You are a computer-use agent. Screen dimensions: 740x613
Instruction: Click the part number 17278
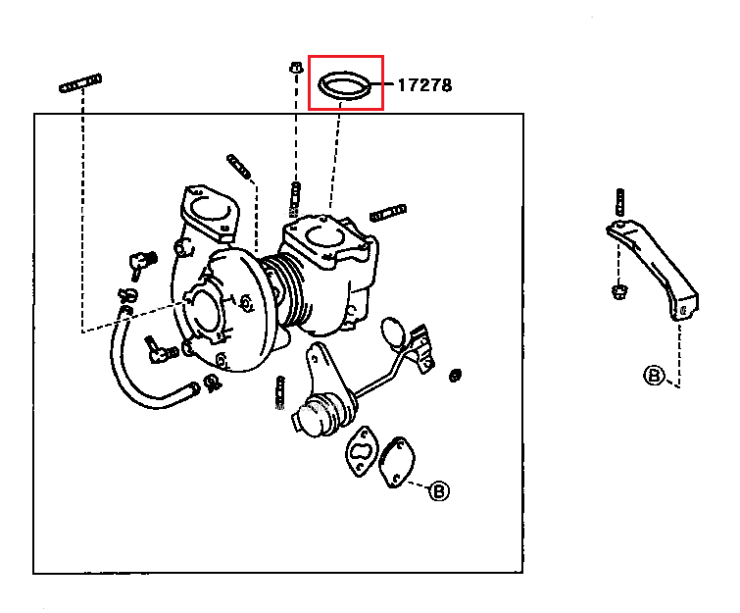424,85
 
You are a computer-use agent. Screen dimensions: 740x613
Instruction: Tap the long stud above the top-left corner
80,83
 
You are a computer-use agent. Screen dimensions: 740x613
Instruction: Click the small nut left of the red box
296,67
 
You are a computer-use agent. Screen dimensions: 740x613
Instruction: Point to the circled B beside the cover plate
439,491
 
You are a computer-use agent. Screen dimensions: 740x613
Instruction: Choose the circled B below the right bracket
654,376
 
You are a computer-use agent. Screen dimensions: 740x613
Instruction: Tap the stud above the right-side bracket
620,201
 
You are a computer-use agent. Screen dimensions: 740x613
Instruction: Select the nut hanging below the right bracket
618,292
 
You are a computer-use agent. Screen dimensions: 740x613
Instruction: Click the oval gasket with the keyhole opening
362,451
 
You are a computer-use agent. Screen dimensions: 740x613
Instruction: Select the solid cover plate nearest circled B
397,462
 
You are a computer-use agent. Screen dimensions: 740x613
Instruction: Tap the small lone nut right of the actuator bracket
455,376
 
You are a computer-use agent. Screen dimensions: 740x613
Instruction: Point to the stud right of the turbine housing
388,213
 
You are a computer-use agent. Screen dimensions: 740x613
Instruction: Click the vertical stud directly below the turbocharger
280,392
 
